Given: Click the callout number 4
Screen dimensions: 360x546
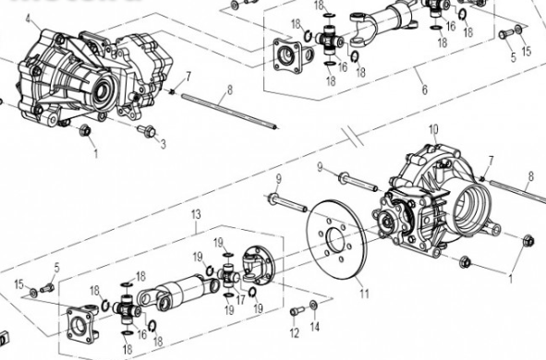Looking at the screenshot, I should coord(28,18).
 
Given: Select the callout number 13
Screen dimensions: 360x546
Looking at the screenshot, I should coord(194,214).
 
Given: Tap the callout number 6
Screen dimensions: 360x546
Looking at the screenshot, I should coord(423,90).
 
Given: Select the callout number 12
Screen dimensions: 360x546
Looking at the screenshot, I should coord(294,331).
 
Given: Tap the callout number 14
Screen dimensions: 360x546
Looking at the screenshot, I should coord(315,327).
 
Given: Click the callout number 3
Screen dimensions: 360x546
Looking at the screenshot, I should coord(163,144).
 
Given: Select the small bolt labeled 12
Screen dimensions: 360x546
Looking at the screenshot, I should coord(296,310).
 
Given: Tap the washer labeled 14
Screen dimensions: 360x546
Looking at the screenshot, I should coord(315,305).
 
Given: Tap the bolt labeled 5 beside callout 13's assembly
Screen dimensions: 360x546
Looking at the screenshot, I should coord(45,283).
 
